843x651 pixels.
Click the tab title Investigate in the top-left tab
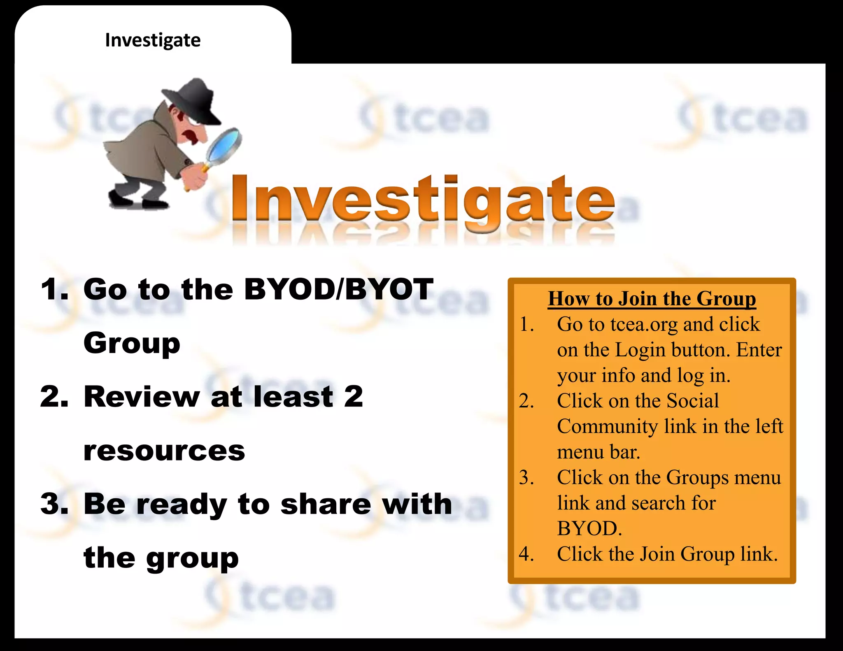click(153, 40)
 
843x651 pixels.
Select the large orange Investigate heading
click(423, 199)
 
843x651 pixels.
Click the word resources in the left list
click(164, 451)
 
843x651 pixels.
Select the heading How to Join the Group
click(652, 298)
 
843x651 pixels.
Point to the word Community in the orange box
click(607, 426)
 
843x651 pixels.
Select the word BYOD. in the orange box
click(589, 528)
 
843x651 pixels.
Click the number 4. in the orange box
click(526, 554)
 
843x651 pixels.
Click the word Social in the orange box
click(692, 401)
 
